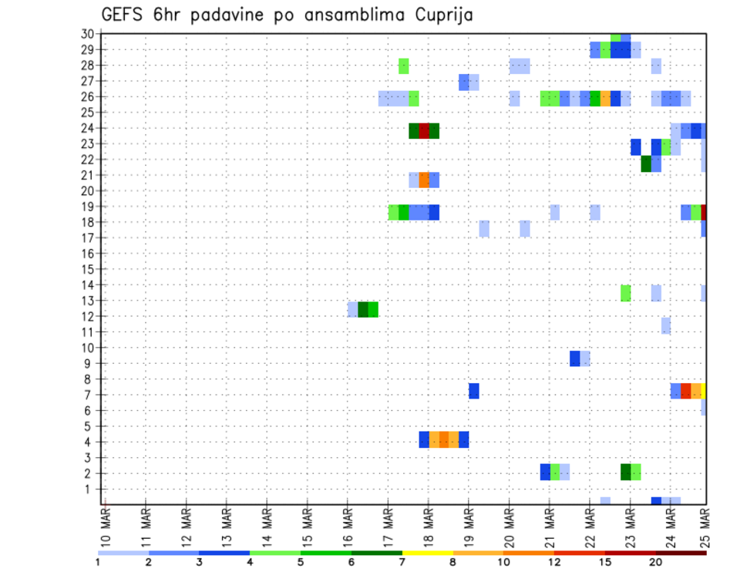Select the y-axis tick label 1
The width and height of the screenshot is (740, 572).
[90, 489]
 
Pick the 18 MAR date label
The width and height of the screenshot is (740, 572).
[429, 530]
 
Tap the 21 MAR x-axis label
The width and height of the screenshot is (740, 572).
[550, 530]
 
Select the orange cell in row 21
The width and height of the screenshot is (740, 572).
[424, 180]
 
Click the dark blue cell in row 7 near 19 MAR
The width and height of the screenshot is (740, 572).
[474, 391]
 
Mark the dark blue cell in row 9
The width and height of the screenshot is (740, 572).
[575, 358]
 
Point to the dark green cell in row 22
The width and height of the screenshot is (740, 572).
[646, 163]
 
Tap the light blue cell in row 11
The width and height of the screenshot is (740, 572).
[666, 326]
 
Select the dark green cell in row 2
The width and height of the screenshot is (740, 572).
[626, 472]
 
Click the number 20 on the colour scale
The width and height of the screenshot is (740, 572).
[656, 561]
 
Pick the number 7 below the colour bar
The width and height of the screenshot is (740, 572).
[402, 561]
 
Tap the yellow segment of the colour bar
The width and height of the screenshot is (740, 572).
[427, 553]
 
